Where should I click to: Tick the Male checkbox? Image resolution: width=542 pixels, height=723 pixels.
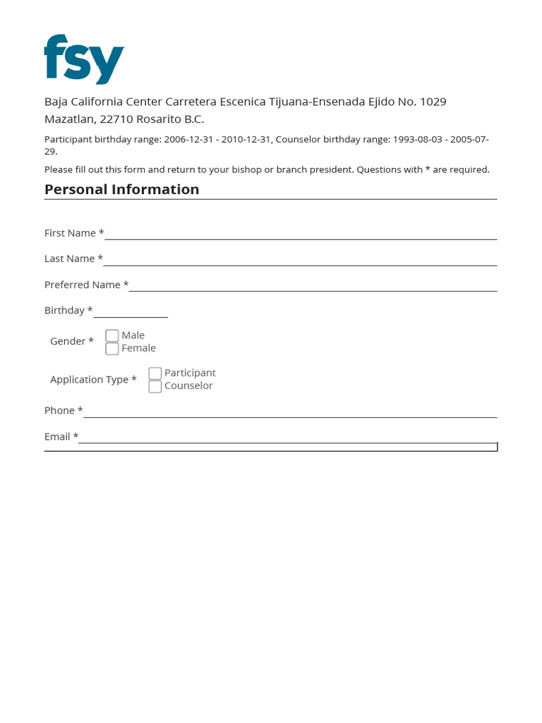112,335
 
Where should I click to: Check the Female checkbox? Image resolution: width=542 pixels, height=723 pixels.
112,348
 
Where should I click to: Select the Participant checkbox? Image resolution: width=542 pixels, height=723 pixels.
155,373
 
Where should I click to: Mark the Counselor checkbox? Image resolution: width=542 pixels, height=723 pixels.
155,386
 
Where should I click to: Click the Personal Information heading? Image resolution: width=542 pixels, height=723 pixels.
121,189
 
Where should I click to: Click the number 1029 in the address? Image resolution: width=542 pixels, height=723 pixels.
433,102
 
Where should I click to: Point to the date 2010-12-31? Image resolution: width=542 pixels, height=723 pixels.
246,140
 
